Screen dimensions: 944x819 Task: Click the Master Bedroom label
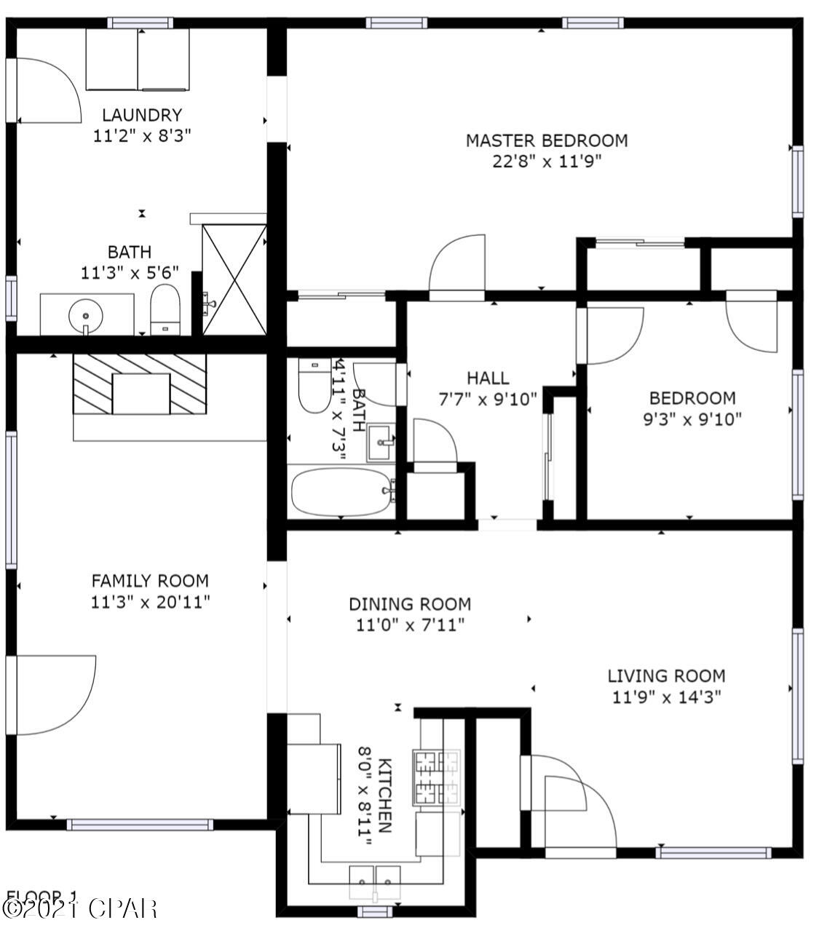click(x=546, y=140)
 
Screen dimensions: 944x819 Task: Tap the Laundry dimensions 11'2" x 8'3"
click(x=142, y=135)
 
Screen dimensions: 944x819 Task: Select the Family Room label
click(x=150, y=581)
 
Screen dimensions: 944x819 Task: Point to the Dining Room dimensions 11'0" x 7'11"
click(x=410, y=624)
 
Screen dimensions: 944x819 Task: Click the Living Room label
click(x=666, y=676)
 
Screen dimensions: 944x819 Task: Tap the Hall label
click(x=488, y=378)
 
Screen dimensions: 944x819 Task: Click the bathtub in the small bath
click(x=341, y=492)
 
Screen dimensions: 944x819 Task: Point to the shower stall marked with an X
click(x=234, y=279)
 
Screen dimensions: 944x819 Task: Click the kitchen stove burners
click(x=437, y=777)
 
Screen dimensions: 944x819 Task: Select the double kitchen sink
click(x=375, y=880)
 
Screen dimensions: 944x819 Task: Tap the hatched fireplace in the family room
click(x=140, y=384)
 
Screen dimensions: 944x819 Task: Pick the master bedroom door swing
click(x=457, y=266)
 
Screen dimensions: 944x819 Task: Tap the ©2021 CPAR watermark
click(x=80, y=908)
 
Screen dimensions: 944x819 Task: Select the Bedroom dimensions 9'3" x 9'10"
click(x=692, y=419)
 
